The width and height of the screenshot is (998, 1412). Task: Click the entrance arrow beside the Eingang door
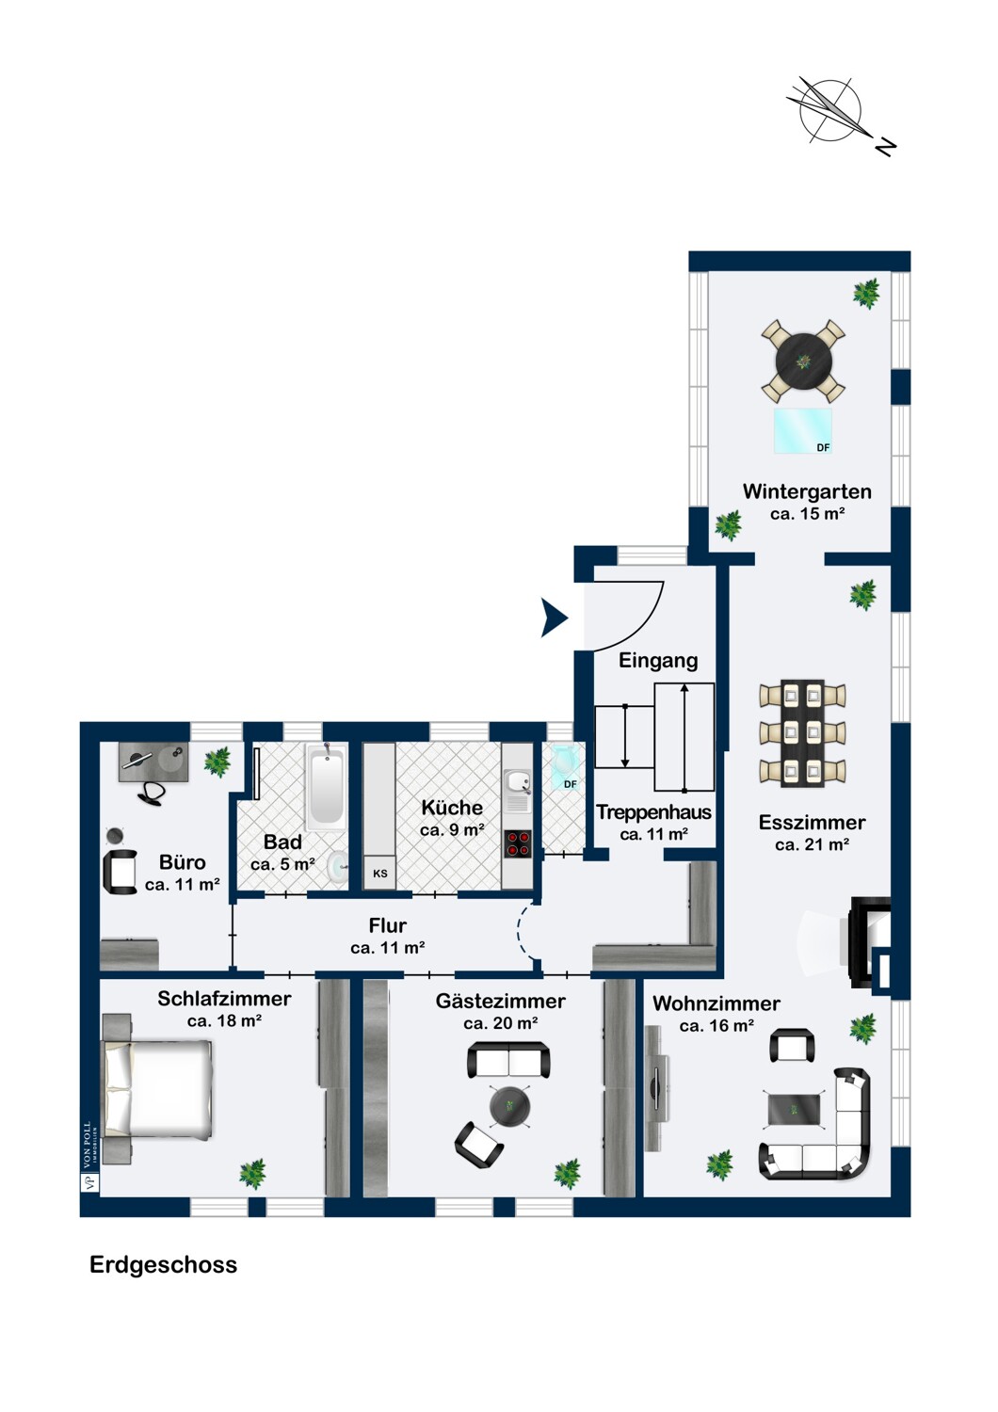coord(553,618)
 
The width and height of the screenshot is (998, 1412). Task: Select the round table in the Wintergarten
coord(802,361)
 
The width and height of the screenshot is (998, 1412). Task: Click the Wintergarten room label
coord(807,491)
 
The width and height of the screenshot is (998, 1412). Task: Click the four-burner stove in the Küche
coord(517,843)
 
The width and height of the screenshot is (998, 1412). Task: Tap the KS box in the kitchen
coord(379,873)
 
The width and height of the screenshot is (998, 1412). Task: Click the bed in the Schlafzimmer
coord(157,1089)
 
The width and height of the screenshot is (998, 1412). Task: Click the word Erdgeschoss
coord(163,1265)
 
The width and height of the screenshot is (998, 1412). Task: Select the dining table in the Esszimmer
coord(802,732)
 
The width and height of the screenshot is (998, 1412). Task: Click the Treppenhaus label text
coord(653,811)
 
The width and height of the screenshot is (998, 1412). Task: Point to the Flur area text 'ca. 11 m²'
coord(388,947)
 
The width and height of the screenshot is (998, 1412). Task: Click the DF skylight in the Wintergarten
coord(802,430)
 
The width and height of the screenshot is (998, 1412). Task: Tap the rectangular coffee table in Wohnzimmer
coord(794,1109)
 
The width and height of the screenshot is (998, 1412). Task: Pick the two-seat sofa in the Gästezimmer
coord(508,1060)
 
